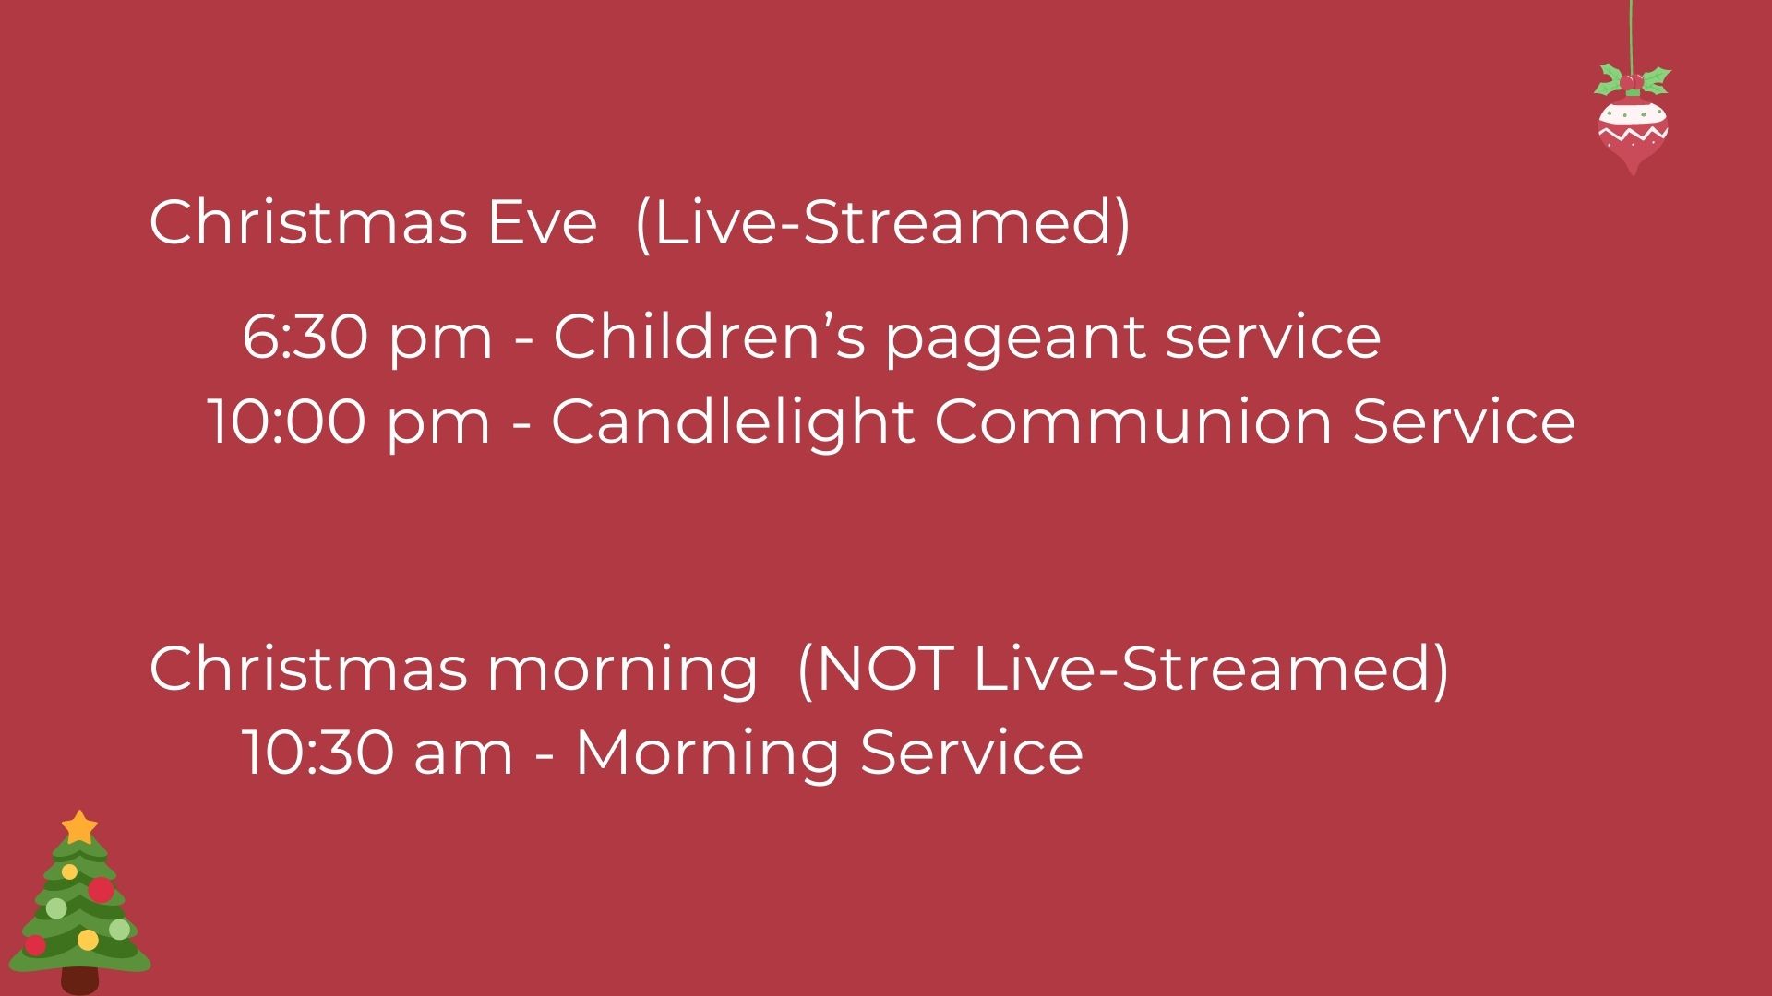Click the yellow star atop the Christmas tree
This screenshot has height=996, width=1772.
coord(80,826)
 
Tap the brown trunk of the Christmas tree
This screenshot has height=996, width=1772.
coord(80,980)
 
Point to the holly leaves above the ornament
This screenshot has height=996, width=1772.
coord(1633,80)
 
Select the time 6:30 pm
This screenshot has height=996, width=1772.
coord(367,336)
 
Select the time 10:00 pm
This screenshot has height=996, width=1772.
coord(348,421)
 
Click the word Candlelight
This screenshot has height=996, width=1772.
coord(732,421)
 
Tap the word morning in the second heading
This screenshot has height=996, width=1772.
coord(622,670)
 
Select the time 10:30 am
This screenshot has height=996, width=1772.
coord(377,753)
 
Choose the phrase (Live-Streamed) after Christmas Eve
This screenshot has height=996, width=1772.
coord(883,223)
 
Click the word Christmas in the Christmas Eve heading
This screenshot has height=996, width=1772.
coord(308,222)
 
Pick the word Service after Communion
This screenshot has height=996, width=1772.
coord(1464,421)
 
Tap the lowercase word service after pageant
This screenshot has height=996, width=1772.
coord(1273,336)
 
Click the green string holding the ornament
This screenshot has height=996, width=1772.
coord(1632,33)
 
